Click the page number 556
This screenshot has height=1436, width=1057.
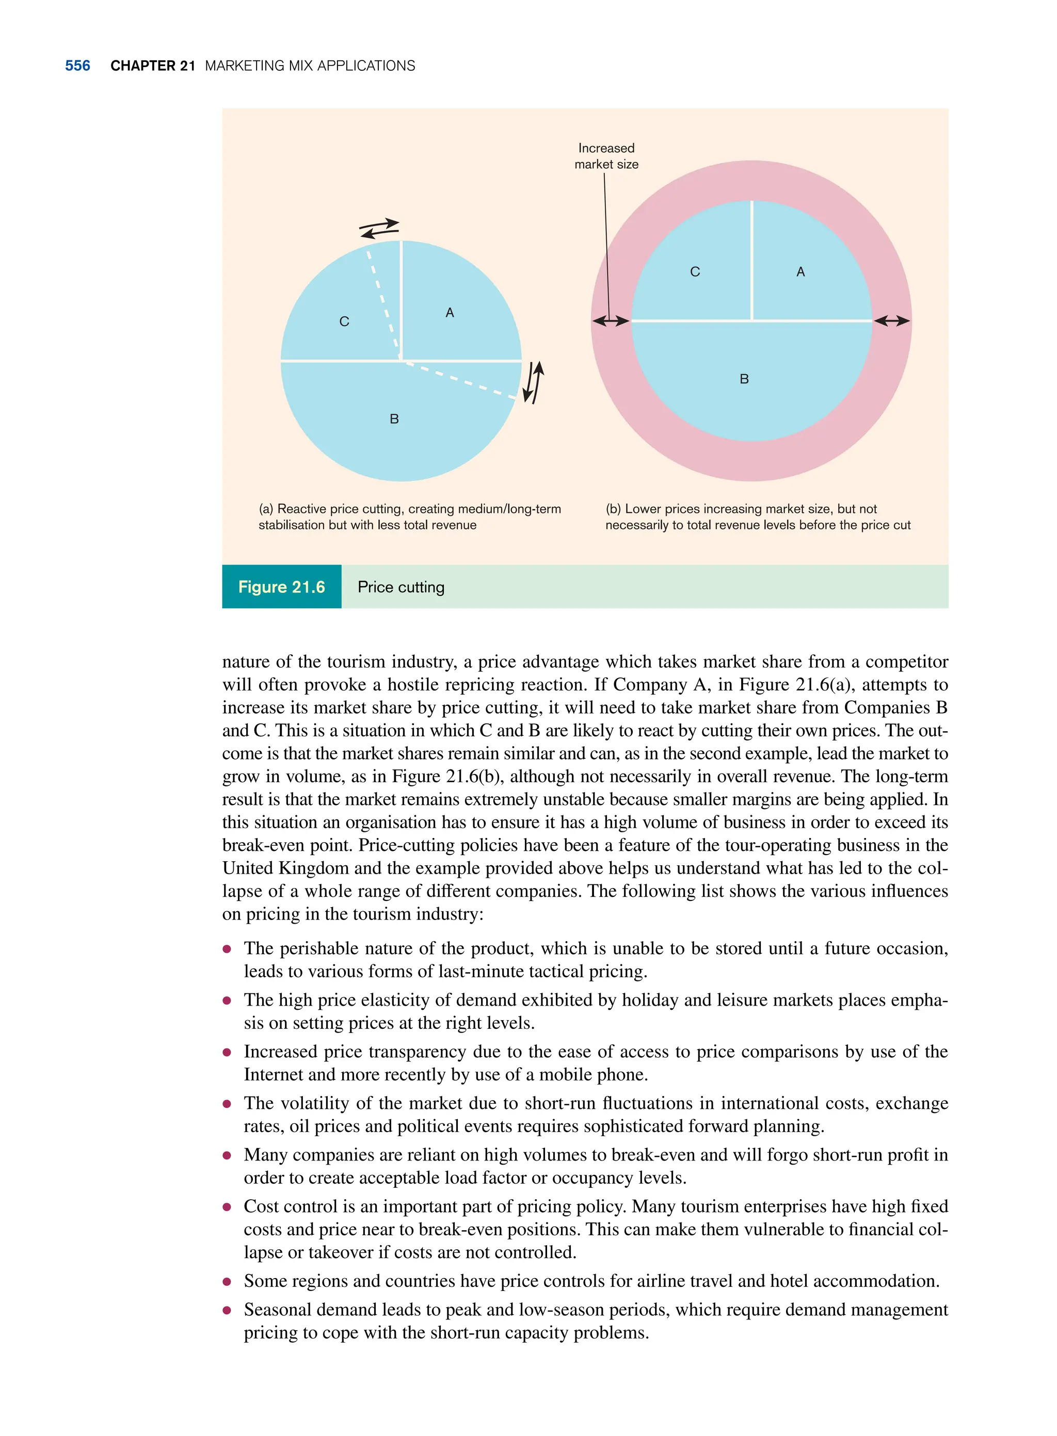click(77, 66)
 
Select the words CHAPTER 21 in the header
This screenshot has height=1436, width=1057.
click(152, 66)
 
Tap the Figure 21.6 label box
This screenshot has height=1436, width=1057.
click(281, 587)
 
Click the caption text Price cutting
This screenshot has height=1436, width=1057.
click(401, 587)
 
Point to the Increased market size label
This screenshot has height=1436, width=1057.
click(606, 156)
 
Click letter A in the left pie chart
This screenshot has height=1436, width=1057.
click(450, 313)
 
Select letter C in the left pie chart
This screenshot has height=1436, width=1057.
click(344, 322)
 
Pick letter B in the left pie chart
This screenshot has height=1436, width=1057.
click(394, 419)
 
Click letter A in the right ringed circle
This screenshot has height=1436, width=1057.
click(800, 272)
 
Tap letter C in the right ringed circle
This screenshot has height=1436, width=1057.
click(695, 272)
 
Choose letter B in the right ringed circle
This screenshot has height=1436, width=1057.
click(744, 379)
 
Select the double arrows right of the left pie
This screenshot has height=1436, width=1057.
click(534, 382)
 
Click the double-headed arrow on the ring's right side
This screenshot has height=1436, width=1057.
click(892, 320)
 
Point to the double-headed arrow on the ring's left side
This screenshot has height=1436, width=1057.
click(611, 320)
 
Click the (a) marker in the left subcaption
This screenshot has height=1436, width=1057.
click(265, 509)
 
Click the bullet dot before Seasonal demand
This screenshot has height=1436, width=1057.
click(227, 1310)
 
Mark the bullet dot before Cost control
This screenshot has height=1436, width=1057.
click(227, 1207)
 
